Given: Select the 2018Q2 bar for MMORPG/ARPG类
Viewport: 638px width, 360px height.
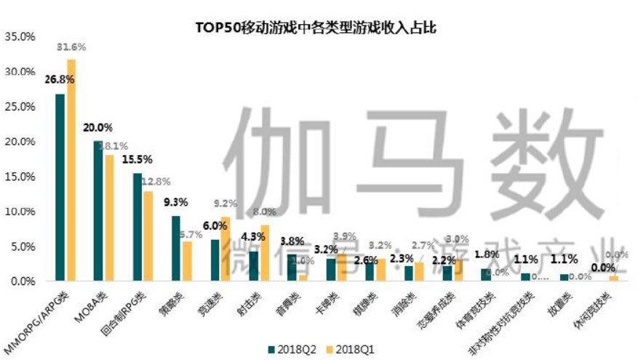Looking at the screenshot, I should click(60, 188).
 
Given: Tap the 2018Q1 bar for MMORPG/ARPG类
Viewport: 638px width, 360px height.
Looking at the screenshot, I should click(71, 171).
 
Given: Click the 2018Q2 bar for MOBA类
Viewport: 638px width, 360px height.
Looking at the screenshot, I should click(98, 211).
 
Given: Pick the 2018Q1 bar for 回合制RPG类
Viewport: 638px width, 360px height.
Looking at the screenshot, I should click(148, 236).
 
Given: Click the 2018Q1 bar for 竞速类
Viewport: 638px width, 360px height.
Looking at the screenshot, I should click(225, 249).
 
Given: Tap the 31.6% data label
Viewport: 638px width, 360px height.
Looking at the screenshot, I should click(72, 47).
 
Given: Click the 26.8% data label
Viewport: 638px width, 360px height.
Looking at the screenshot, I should click(57, 79).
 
